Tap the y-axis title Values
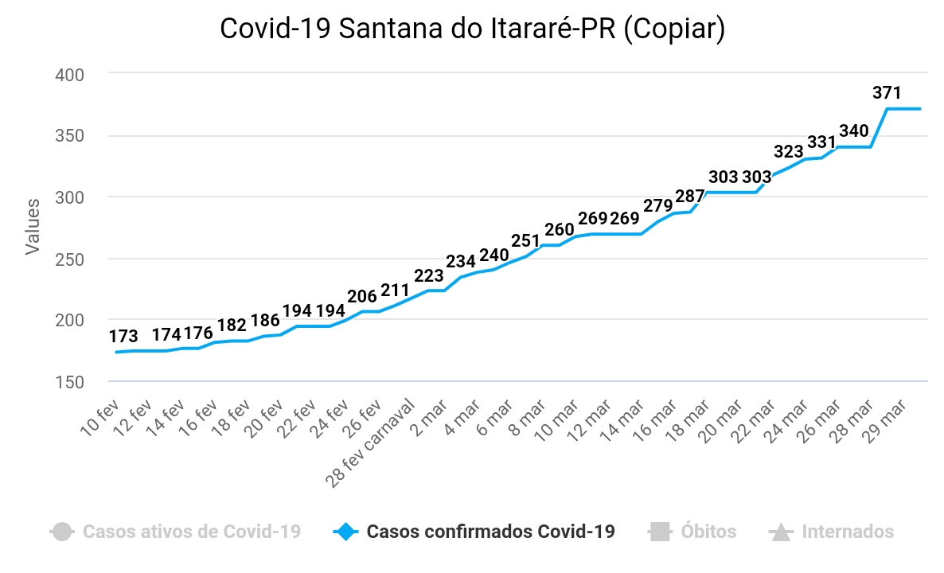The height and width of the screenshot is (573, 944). [x=33, y=228]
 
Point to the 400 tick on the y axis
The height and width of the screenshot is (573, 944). [x=69, y=74]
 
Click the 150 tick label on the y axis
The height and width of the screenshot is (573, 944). [x=69, y=382]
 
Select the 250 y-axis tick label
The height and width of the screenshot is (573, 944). [x=69, y=259]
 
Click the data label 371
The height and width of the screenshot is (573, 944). [x=887, y=92]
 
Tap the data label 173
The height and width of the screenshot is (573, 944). [x=123, y=336]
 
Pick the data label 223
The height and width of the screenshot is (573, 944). [x=429, y=275]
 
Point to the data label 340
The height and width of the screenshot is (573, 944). [x=854, y=131]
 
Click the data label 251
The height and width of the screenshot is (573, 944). [x=526, y=240]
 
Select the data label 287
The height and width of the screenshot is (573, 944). [x=690, y=196]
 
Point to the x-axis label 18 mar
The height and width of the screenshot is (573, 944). [x=689, y=416]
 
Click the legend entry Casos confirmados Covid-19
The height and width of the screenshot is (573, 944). [x=490, y=532]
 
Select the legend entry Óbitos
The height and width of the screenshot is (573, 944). [x=708, y=532]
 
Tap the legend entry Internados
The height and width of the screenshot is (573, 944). [x=847, y=532]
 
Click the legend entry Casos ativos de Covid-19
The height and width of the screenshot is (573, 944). [x=191, y=532]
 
